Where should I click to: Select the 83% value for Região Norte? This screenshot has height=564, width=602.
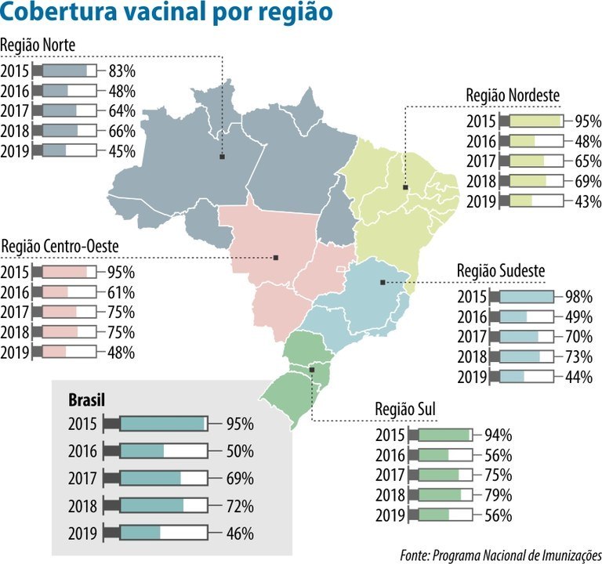(x=122, y=70)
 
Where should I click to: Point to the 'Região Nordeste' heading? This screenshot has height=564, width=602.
(x=513, y=95)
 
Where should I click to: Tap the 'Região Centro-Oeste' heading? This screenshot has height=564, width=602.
(x=60, y=247)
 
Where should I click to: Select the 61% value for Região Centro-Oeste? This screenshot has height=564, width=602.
(x=121, y=292)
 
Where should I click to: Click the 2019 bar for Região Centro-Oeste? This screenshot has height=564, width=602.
(x=69, y=352)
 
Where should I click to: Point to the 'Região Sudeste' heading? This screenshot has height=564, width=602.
(x=501, y=271)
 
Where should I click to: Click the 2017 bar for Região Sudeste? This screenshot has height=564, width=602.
(x=527, y=337)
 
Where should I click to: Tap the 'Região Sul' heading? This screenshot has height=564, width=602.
(x=405, y=410)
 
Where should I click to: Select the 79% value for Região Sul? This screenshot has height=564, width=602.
(x=499, y=494)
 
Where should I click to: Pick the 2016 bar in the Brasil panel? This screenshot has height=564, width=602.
(x=163, y=451)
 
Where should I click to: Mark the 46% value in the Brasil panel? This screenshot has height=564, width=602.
(x=239, y=533)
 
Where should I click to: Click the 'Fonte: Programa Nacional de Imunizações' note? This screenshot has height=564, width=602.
(x=499, y=555)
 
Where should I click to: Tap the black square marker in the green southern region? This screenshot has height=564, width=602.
(x=312, y=368)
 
